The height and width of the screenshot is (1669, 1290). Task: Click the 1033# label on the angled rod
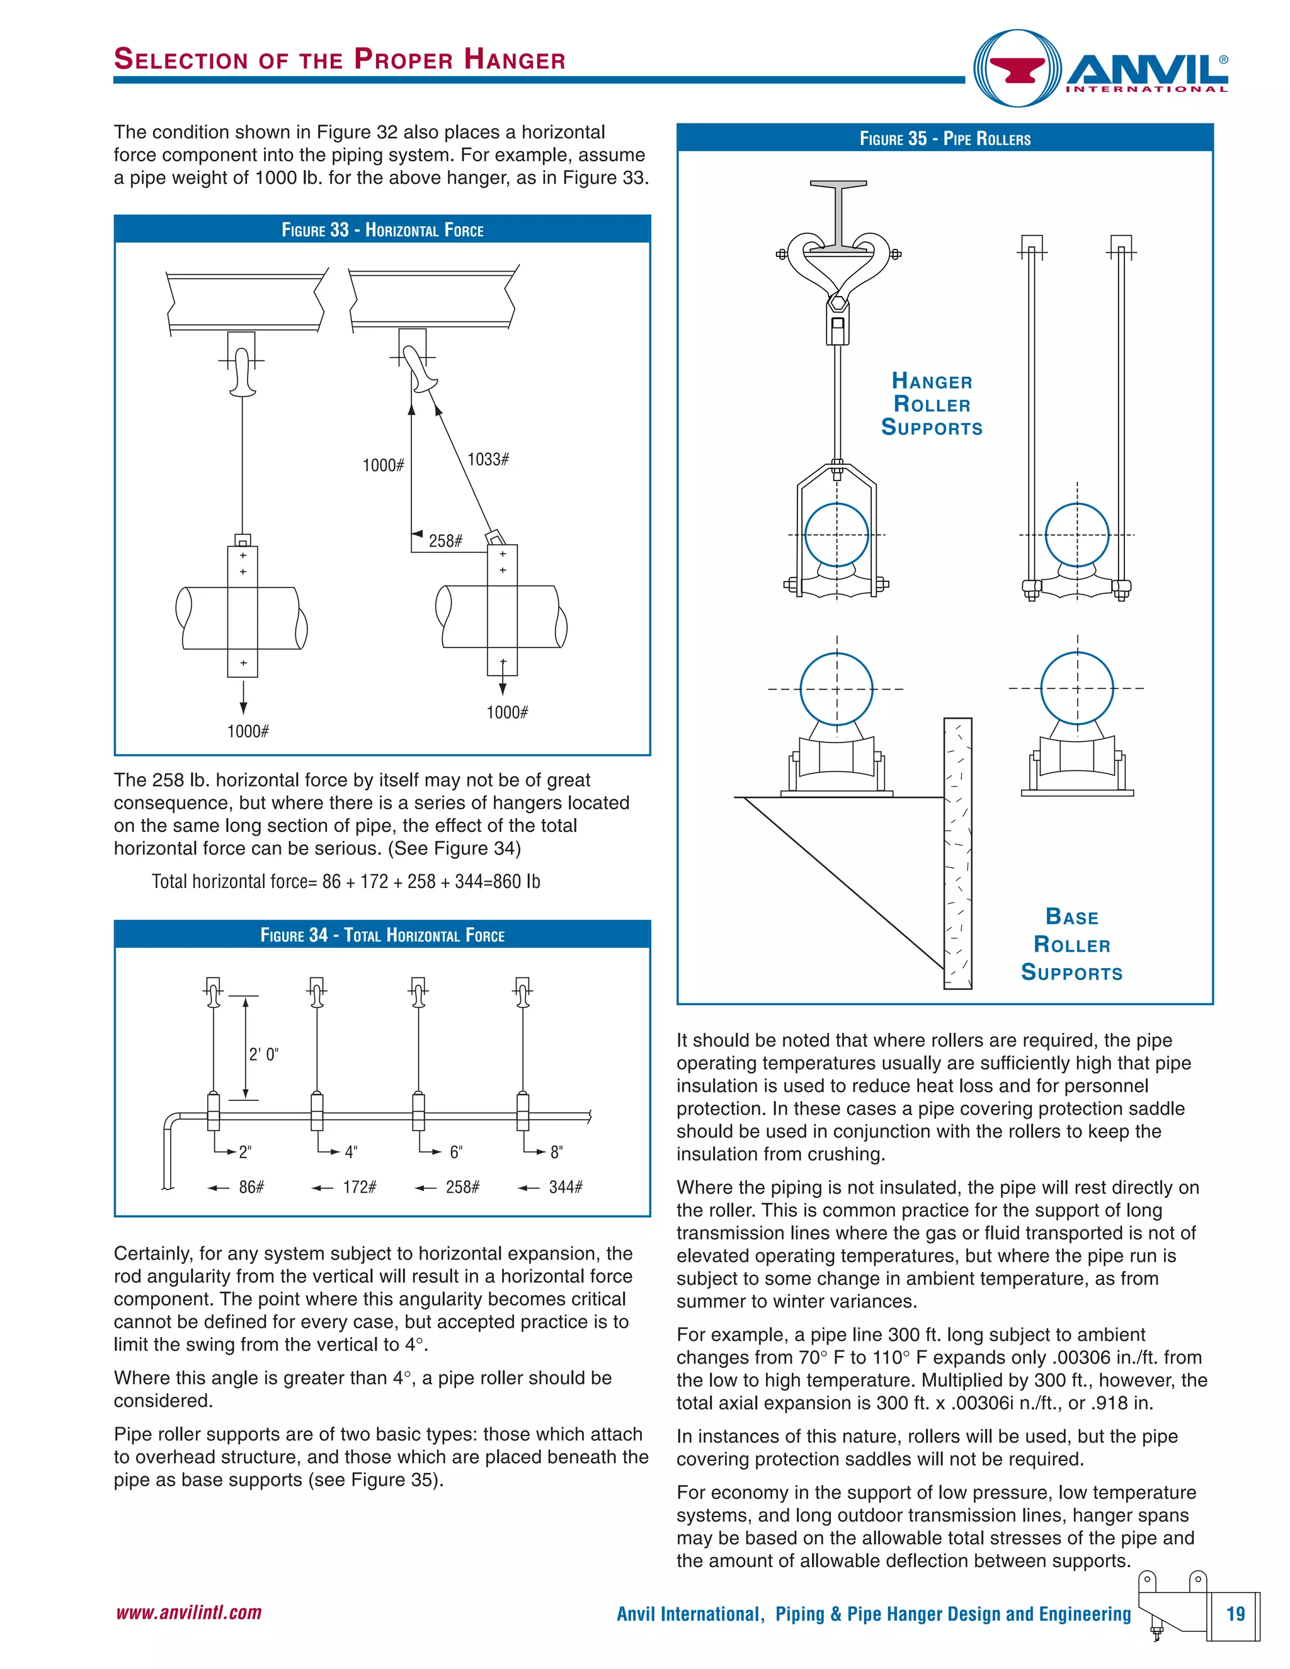[x=488, y=459]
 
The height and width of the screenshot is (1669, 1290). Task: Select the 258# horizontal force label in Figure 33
[x=445, y=541]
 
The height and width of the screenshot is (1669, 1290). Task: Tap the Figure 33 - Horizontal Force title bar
[x=382, y=230]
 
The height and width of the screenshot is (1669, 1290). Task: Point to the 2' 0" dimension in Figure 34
[x=264, y=1054]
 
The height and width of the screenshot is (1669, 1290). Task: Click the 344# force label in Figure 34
[x=566, y=1187]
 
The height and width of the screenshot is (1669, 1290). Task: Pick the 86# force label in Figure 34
[x=251, y=1187]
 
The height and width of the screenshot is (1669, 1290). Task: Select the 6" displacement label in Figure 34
[x=456, y=1153]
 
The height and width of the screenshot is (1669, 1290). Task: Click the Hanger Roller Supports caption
[x=932, y=404]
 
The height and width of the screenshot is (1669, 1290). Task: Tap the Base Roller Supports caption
[x=1071, y=945]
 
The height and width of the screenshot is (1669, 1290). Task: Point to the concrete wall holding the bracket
[x=957, y=852]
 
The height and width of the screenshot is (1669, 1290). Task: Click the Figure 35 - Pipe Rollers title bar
[x=945, y=139]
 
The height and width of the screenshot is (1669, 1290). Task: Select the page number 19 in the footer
[x=1236, y=1614]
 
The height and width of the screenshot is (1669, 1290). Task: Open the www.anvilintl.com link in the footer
[x=189, y=1612]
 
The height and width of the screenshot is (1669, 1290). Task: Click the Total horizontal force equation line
[x=345, y=881]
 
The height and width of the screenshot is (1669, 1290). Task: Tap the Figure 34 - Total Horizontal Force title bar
[x=382, y=935]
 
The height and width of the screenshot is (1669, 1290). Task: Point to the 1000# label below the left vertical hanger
[x=248, y=731]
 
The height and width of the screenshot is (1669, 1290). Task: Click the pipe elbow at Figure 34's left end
[x=173, y=1124]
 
